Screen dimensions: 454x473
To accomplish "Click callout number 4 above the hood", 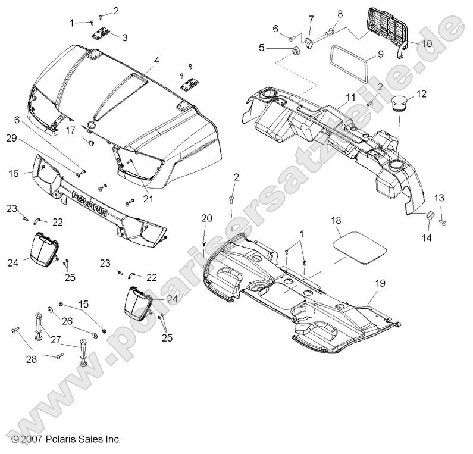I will (156, 60).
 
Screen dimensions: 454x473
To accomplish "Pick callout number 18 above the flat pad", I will (336, 220).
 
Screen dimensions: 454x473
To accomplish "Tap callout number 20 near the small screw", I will (206, 218).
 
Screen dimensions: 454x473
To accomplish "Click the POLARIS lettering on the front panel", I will (90, 203).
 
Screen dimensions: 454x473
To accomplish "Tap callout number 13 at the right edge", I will (438, 198).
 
